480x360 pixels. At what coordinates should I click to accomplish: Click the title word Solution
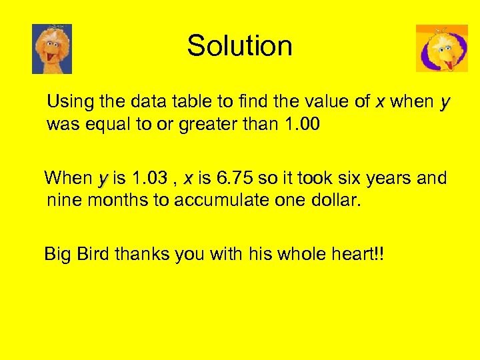click(239, 46)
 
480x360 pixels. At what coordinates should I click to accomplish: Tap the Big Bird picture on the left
click(52, 49)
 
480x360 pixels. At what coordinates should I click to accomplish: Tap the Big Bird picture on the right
click(441, 48)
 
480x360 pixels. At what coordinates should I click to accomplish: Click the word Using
click(69, 103)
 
